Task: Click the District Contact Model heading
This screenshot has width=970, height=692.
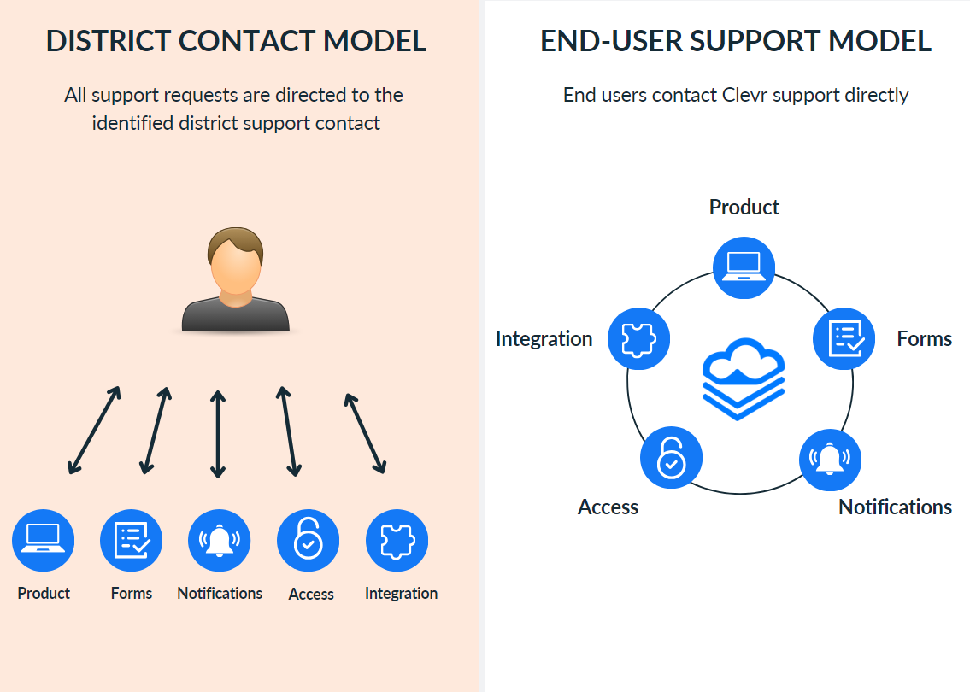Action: pyautogui.click(x=236, y=41)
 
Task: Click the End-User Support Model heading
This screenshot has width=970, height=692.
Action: pyautogui.click(x=736, y=41)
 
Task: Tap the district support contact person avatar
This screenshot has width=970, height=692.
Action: pyautogui.click(x=236, y=280)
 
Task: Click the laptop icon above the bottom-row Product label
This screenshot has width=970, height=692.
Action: pyautogui.click(x=44, y=541)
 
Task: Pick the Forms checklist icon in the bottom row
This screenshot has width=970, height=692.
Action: pyautogui.click(x=132, y=541)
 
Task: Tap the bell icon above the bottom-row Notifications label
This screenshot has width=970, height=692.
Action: pyautogui.click(x=220, y=541)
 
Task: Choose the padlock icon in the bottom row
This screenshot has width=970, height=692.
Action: pyautogui.click(x=309, y=541)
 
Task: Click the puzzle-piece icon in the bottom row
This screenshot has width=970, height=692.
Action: pyautogui.click(x=397, y=541)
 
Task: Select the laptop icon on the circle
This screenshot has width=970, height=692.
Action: pyautogui.click(x=744, y=268)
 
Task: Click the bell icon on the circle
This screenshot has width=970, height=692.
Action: pyautogui.click(x=830, y=460)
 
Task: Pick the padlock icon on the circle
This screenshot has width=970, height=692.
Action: pyautogui.click(x=671, y=458)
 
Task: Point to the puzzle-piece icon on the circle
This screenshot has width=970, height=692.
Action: pyautogui.click(x=638, y=338)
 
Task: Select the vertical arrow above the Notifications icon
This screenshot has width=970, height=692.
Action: pyautogui.click(x=218, y=434)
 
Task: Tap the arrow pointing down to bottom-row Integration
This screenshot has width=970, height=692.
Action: pyautogui.click(x=365, y=433)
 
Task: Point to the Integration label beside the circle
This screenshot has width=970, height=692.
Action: pyautogui.click(x=544, y=339)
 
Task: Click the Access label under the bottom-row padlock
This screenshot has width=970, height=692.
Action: pyautogui.click(x=311, y=595)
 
